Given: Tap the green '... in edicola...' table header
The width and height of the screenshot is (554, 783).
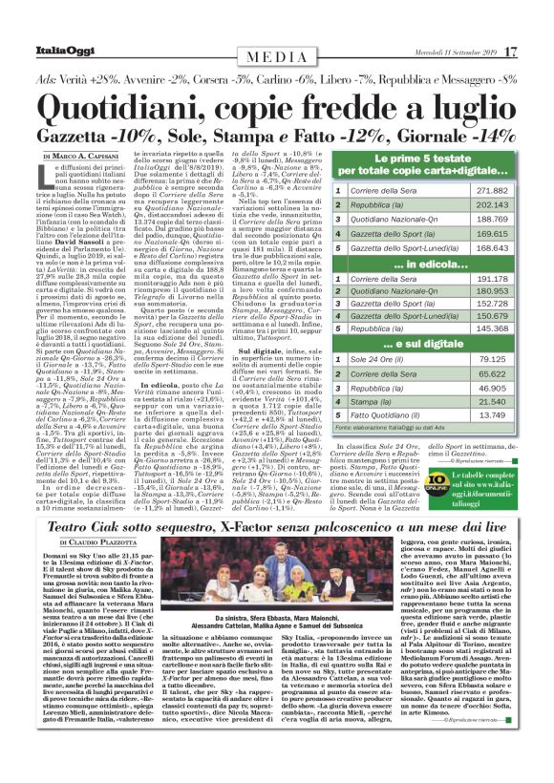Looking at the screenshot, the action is coord(435,265).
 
